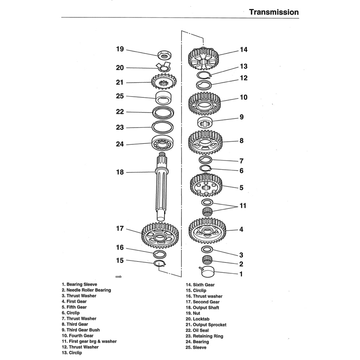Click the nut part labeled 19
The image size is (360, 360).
coord(164,55)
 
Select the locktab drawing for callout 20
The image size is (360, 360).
coord(162,67)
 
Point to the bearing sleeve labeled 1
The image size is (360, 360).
coord(207,272)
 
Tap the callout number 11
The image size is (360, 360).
coord(243,206)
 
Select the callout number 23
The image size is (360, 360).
coord(120,128)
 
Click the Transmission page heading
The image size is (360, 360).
coord(274,12)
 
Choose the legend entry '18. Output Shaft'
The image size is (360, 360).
coord(206,308)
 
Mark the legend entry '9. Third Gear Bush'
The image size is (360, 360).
coord(81,330)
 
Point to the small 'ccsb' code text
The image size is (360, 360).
coord(118,277)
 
